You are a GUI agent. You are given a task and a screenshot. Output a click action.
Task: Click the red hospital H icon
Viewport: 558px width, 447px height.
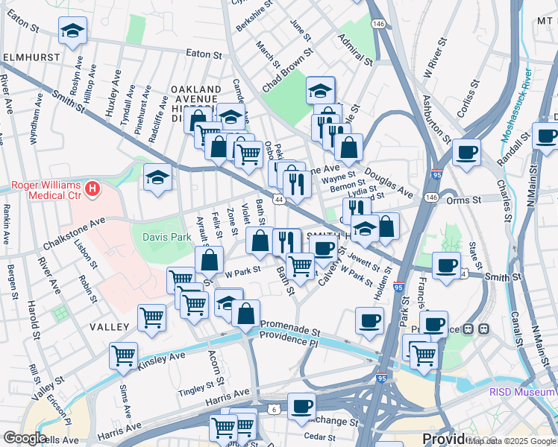point(93,190)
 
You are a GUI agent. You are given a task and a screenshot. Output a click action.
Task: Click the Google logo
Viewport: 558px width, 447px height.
point(25,438)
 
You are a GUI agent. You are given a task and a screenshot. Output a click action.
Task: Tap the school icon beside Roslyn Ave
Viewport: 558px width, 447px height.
point(72,31)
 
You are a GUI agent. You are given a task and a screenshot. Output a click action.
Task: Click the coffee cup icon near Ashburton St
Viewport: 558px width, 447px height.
point(466,152)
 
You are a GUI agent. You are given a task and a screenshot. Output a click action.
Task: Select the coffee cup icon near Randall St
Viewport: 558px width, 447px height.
point(547,136)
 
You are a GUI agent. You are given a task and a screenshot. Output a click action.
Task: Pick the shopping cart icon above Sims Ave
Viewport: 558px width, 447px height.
point(123,355)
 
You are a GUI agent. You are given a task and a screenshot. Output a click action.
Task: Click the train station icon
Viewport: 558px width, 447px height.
point(483,328)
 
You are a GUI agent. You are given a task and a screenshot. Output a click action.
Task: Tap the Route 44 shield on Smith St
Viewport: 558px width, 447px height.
point(278,200)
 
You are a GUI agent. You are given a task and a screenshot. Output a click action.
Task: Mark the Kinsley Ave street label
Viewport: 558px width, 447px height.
point(160,363)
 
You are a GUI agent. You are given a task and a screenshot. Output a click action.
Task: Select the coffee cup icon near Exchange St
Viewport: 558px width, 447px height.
point(301,406)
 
